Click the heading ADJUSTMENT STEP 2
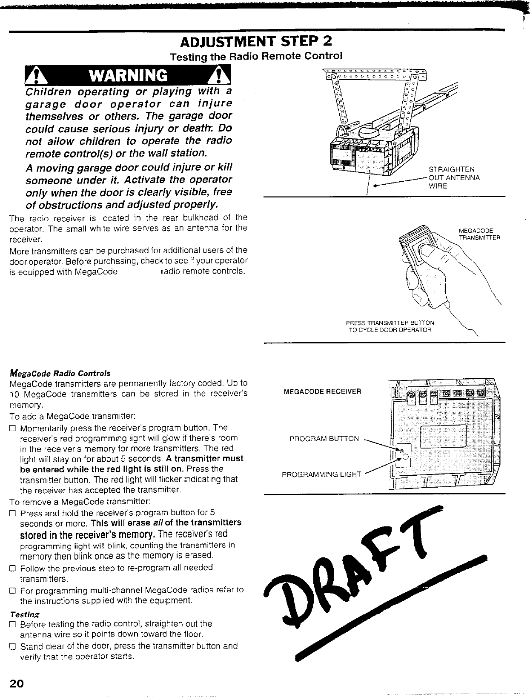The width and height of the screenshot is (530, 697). click(256, 42)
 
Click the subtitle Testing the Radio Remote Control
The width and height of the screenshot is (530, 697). click(256, 56)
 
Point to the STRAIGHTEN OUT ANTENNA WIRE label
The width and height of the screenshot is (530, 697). click(454, 177)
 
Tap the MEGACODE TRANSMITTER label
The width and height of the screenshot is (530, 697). click(479, 234)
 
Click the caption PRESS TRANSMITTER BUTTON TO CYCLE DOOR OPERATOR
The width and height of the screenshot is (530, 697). click(390, 326)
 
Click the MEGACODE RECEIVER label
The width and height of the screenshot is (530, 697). click(322, 391)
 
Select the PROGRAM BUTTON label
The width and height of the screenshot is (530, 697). click(324, 439)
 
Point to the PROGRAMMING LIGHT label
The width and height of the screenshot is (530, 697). click(321, 474)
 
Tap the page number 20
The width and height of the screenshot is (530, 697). click(17, 683)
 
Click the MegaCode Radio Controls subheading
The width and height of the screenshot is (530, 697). click(60, 373)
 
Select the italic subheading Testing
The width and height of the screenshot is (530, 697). click(24, 614)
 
